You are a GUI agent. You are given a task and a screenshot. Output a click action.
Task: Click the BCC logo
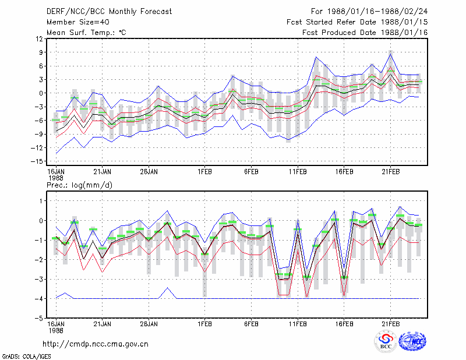coord(386,341)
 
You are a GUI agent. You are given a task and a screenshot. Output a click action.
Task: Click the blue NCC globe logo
coord(412,341)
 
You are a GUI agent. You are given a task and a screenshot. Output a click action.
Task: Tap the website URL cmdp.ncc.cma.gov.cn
coord(96,344)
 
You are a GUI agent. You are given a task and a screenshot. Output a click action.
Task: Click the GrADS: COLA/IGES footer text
coord(26,357)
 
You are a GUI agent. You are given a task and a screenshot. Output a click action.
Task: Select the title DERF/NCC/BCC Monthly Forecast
coord(109,12)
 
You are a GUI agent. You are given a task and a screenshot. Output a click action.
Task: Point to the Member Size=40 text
coord(78,22)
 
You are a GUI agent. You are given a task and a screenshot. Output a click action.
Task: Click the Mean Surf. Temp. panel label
coord(86,33)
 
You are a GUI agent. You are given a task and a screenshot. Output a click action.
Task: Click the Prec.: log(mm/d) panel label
coord(79,185)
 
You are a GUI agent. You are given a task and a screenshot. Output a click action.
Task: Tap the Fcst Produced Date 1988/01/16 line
coord(365,33)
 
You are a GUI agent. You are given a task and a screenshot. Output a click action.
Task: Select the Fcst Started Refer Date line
coord(357,22)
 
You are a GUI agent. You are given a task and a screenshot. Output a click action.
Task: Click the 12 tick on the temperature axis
coord(40,38)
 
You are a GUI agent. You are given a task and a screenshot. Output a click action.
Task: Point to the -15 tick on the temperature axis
coord(37,161)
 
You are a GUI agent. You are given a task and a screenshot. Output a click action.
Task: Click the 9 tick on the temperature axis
coord(41,52)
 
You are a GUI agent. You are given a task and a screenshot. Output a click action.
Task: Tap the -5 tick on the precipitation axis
coord(38,318)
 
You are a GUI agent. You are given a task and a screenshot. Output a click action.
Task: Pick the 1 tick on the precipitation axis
coord(41,201)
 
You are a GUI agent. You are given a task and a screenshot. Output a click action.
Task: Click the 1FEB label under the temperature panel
coord(205,172)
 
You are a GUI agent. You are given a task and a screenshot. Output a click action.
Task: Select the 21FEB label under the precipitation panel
coord(390,324)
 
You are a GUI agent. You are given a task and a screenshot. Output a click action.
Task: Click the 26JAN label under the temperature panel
coord(149,172)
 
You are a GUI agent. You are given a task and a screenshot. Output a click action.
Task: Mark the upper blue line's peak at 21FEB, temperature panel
coord(391,54)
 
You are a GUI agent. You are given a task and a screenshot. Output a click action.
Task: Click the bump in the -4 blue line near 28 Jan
coord(168,288)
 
